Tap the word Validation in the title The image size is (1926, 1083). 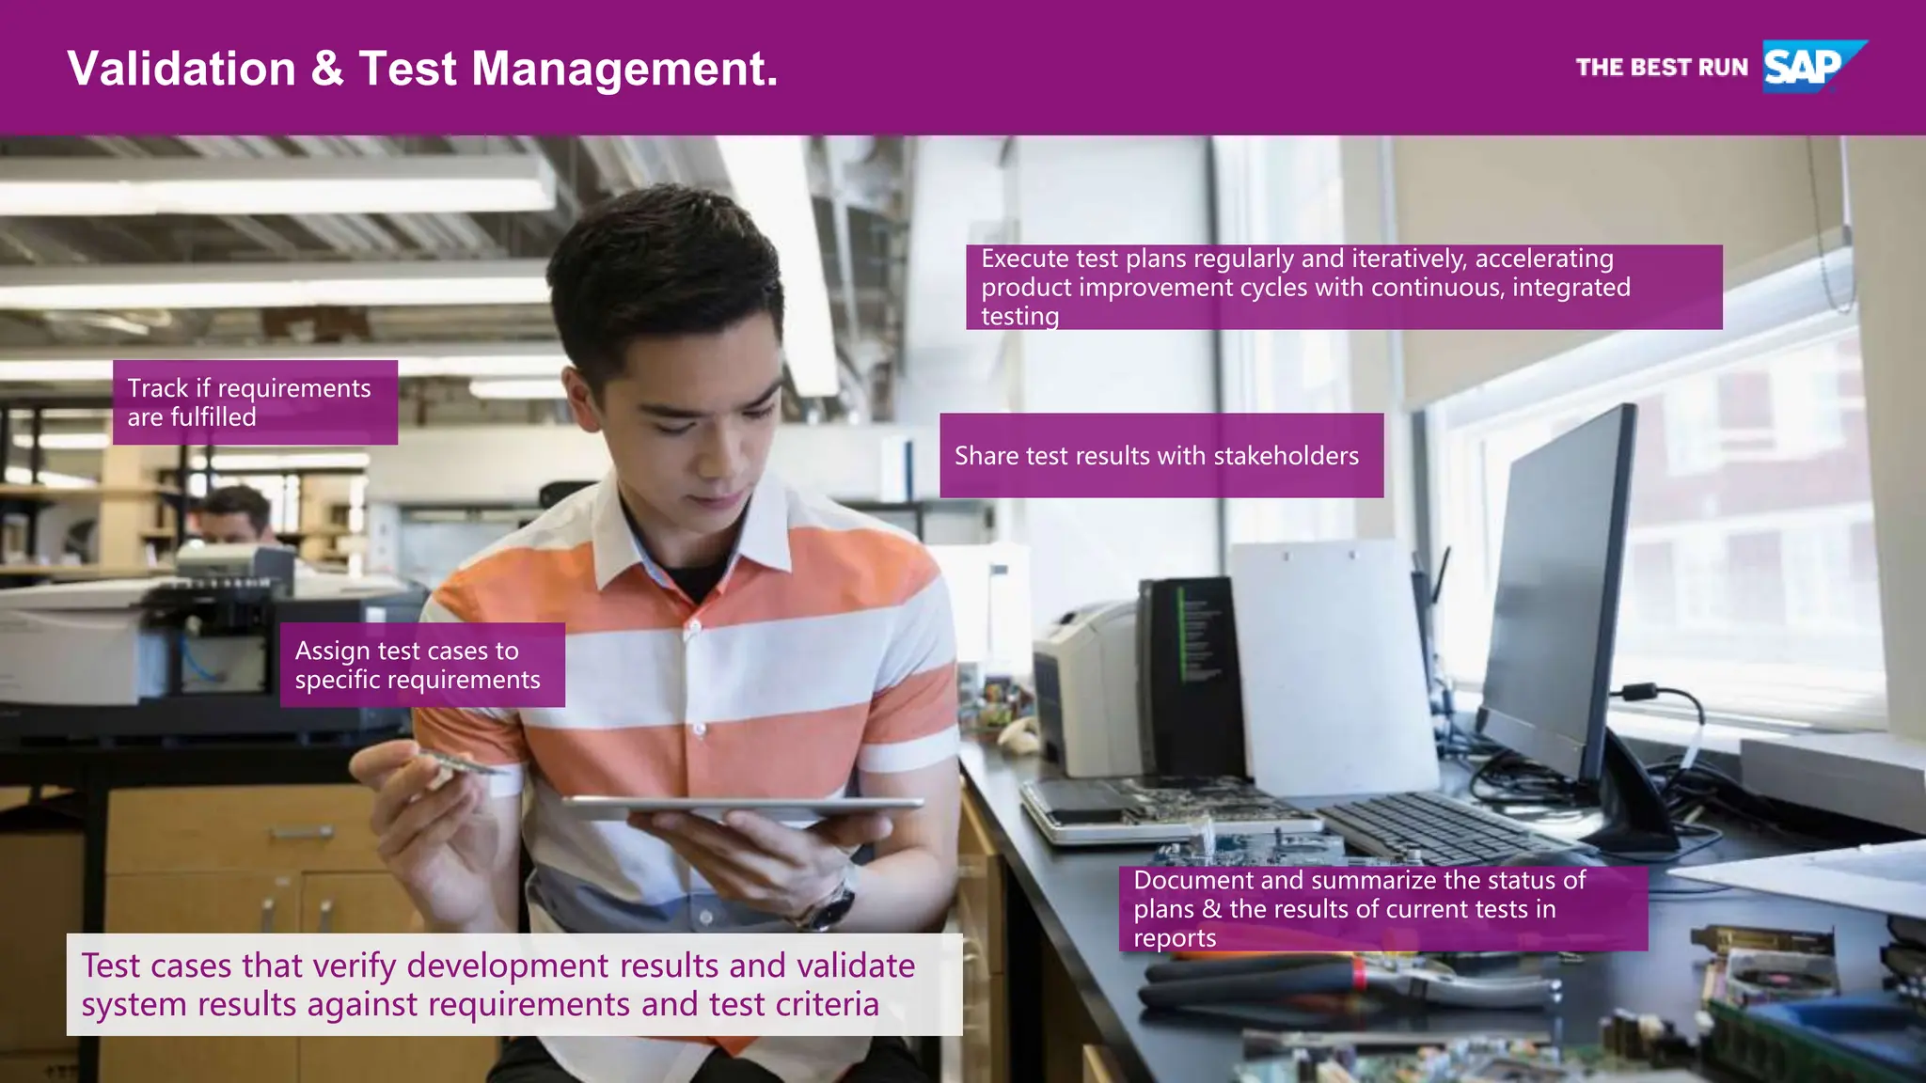click(x=182, y=69)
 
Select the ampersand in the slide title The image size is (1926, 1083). click(x=326, y=69)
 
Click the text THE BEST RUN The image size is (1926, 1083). click(x=1662, y=68)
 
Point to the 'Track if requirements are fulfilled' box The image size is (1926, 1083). click(x=255, y=402)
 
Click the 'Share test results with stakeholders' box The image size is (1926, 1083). click(x=1160, y=456)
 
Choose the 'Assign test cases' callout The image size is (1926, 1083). click(x=422, y=665)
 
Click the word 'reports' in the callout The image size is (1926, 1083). click(x=1175, y=938)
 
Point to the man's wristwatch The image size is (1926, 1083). click(x=829, y=906)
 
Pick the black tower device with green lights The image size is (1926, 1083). click(x=1190, y=677)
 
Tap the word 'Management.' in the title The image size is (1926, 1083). click(x=624, y=69)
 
